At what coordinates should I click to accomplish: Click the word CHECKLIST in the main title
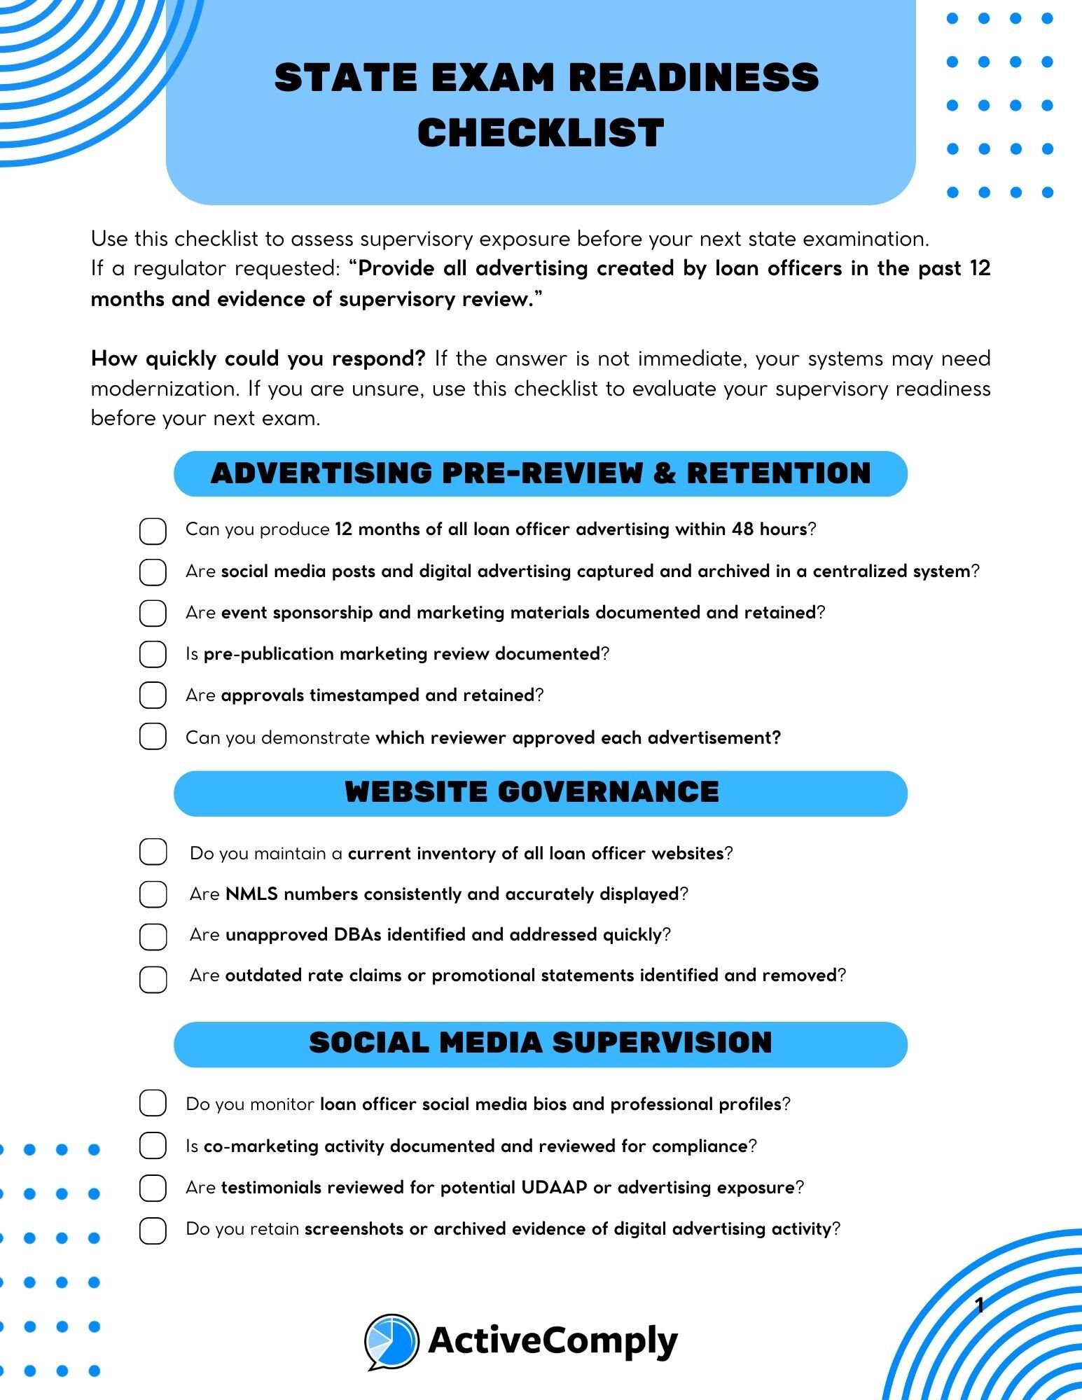tap(541, 133)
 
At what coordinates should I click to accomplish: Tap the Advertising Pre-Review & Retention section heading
tap(541, 473)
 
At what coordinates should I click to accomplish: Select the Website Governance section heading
tap(532, 793)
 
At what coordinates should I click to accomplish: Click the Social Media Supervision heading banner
tap(541, 1044)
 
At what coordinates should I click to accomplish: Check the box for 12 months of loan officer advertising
tap(153, 531)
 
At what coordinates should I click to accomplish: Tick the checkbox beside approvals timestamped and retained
tap(153, 695)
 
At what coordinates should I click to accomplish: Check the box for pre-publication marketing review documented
tap(153, 654)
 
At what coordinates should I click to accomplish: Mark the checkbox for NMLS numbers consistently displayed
tap(153, 894)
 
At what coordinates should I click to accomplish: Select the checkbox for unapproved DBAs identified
tap(153, 936)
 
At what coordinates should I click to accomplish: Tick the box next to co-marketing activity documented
tap(153, 1146)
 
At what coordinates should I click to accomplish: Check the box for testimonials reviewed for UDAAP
tap(153, 1188)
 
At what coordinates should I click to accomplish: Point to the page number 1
tap(980, 1305)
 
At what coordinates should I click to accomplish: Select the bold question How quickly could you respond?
tap(258, 359)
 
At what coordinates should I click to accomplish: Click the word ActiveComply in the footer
tap(553, 1340)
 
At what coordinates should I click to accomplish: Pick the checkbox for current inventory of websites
tap(153, 852)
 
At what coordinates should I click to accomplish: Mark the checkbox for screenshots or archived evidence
tap(153, 1231)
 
